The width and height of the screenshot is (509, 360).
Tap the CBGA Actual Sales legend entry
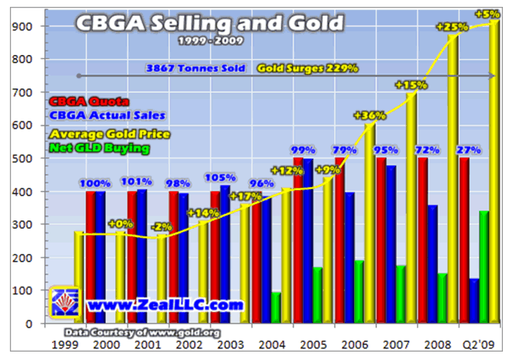[108, 115]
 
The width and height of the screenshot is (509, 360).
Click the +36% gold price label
[369, 116]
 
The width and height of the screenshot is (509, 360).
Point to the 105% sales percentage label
[220, 178]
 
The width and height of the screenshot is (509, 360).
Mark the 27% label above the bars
[469, 149]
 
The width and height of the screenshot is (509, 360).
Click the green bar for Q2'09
[483, 266]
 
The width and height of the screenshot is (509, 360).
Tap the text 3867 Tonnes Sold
[197, 68]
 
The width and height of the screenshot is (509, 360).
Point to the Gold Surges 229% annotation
[308, 68]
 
